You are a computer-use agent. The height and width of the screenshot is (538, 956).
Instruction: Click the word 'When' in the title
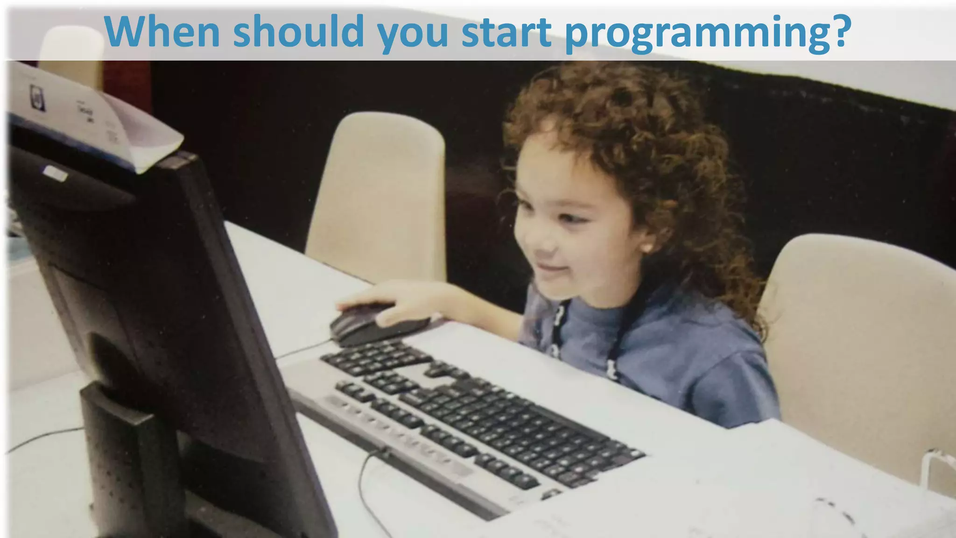tap(162, 32)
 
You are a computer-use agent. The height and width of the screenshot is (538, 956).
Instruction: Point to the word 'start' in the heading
tap(506, 32)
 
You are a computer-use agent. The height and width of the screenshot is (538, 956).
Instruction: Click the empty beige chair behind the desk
tap(378, 196)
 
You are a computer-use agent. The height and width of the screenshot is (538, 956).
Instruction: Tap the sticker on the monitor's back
tap(55, 174)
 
